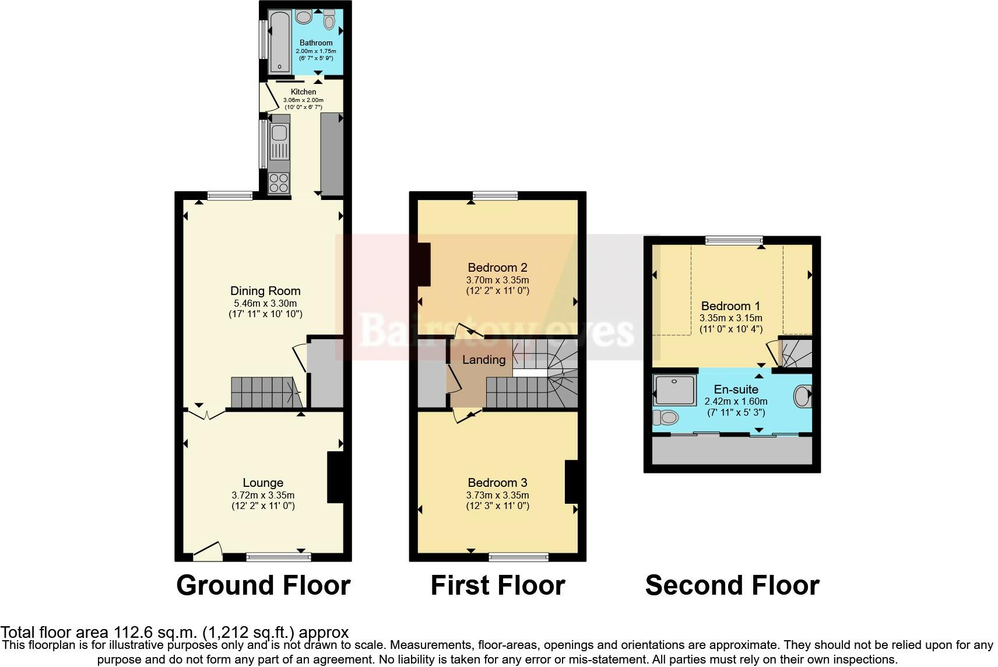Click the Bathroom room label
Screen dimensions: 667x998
[x=316, y=43]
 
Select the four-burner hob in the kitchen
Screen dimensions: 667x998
[x=279, y=183]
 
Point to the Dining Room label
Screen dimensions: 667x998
[x=265, y=291]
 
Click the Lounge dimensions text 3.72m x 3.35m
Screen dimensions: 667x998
[x=263, y=495]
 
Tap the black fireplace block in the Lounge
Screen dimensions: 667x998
[x=335, y=477]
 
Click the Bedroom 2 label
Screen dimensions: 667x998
[x=497, y=268]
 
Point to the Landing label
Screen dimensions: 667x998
[x=483, y=360]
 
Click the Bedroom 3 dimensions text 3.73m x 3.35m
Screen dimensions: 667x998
[x=497, y=495]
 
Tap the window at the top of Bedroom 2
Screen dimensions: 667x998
[x=495, y=196]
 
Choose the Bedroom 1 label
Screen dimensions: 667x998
[x=730, y=306]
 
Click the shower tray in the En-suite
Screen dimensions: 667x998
[x=674, y=390]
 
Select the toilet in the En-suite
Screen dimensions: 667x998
[x=666, y=417]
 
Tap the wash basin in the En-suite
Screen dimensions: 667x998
[x=803, y=396]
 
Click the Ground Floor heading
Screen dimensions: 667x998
[x=263, y=585]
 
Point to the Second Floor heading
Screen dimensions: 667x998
[x=732, y=585]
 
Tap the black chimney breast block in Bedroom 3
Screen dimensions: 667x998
[x=571, y=482]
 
